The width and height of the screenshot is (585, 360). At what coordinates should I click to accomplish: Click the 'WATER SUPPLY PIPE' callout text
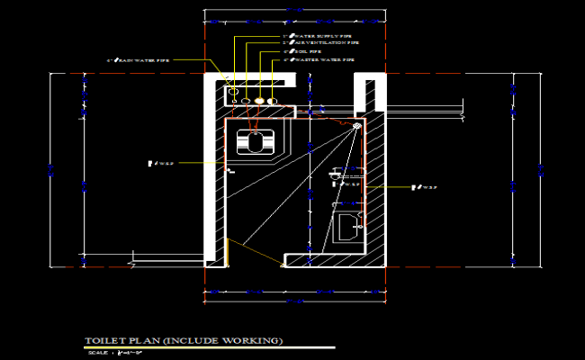(310, 37)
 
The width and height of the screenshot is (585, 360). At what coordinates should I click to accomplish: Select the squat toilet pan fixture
(256, 142)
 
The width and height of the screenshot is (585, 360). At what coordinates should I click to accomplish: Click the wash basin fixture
(347, 228)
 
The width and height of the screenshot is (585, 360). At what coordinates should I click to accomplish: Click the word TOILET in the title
(103, 340)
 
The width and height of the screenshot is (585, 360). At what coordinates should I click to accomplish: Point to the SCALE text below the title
(97, 352)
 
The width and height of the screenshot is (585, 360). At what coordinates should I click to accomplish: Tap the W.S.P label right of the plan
(423, 188)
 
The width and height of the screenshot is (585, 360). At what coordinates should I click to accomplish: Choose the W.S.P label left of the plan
(161, 164)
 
